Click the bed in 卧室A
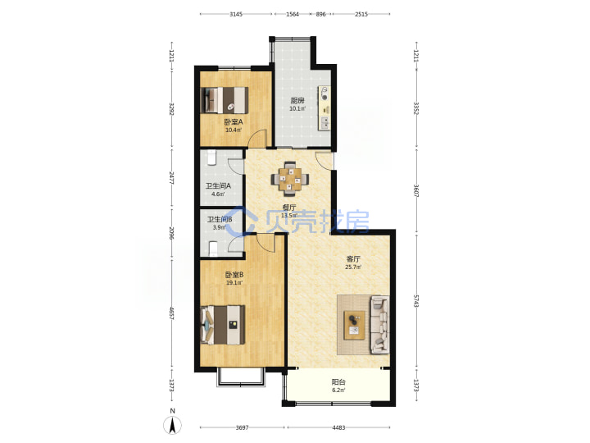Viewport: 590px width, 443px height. [x=225, y=100]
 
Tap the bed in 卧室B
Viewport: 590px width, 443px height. [x=223, y=325]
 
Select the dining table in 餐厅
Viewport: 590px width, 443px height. [x=290, y=179]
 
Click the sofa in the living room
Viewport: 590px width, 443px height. [x=379, y=325]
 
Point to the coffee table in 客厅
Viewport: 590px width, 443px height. [x=354, y=325]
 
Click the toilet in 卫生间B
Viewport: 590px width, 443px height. [x=213, y=249]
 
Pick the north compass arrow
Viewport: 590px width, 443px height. [x=172, y=425]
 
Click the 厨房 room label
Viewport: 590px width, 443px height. [x=297, y=101]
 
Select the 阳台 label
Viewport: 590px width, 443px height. [x=338, y=382]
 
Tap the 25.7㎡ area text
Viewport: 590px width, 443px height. [x=353, y=267]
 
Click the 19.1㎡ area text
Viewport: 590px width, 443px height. [x=234, y=283]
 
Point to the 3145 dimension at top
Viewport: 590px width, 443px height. [x=236, y=14]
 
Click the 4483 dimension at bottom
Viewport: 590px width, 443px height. [x=338, y=427]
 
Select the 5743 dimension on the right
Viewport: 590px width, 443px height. [x=416, y=300]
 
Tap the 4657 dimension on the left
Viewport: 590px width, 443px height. [x=171, y=313]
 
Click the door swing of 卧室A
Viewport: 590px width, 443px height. [x=258, y=138]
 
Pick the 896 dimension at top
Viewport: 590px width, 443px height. [x=320, y=14]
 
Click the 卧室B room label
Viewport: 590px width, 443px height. [x=234, y=275]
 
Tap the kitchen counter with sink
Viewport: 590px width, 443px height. [x=324, y=108]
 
